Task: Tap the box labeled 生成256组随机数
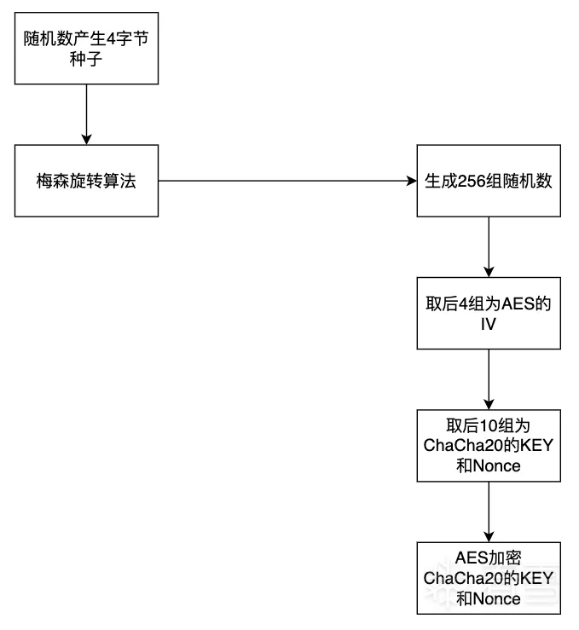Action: pyautogui.click(x=489, y=181)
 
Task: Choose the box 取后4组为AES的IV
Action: pyautogui.click(x=489, y=313)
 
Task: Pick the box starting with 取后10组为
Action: pyautogui.click(x=489, y=445)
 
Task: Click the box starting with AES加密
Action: pyautogui.click(x=489, y=577)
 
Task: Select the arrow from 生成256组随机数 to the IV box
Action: pyautogui.click(x=489, y=246)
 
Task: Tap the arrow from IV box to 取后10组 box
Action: pyautogui.click(x=489, y=379)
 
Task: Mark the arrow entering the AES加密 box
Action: pyautogui.click(x=489, y=511)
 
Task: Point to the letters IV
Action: pyautogui.click(x=489, y=325)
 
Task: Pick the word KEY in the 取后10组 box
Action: pyautogui.click(x=536, y=445)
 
